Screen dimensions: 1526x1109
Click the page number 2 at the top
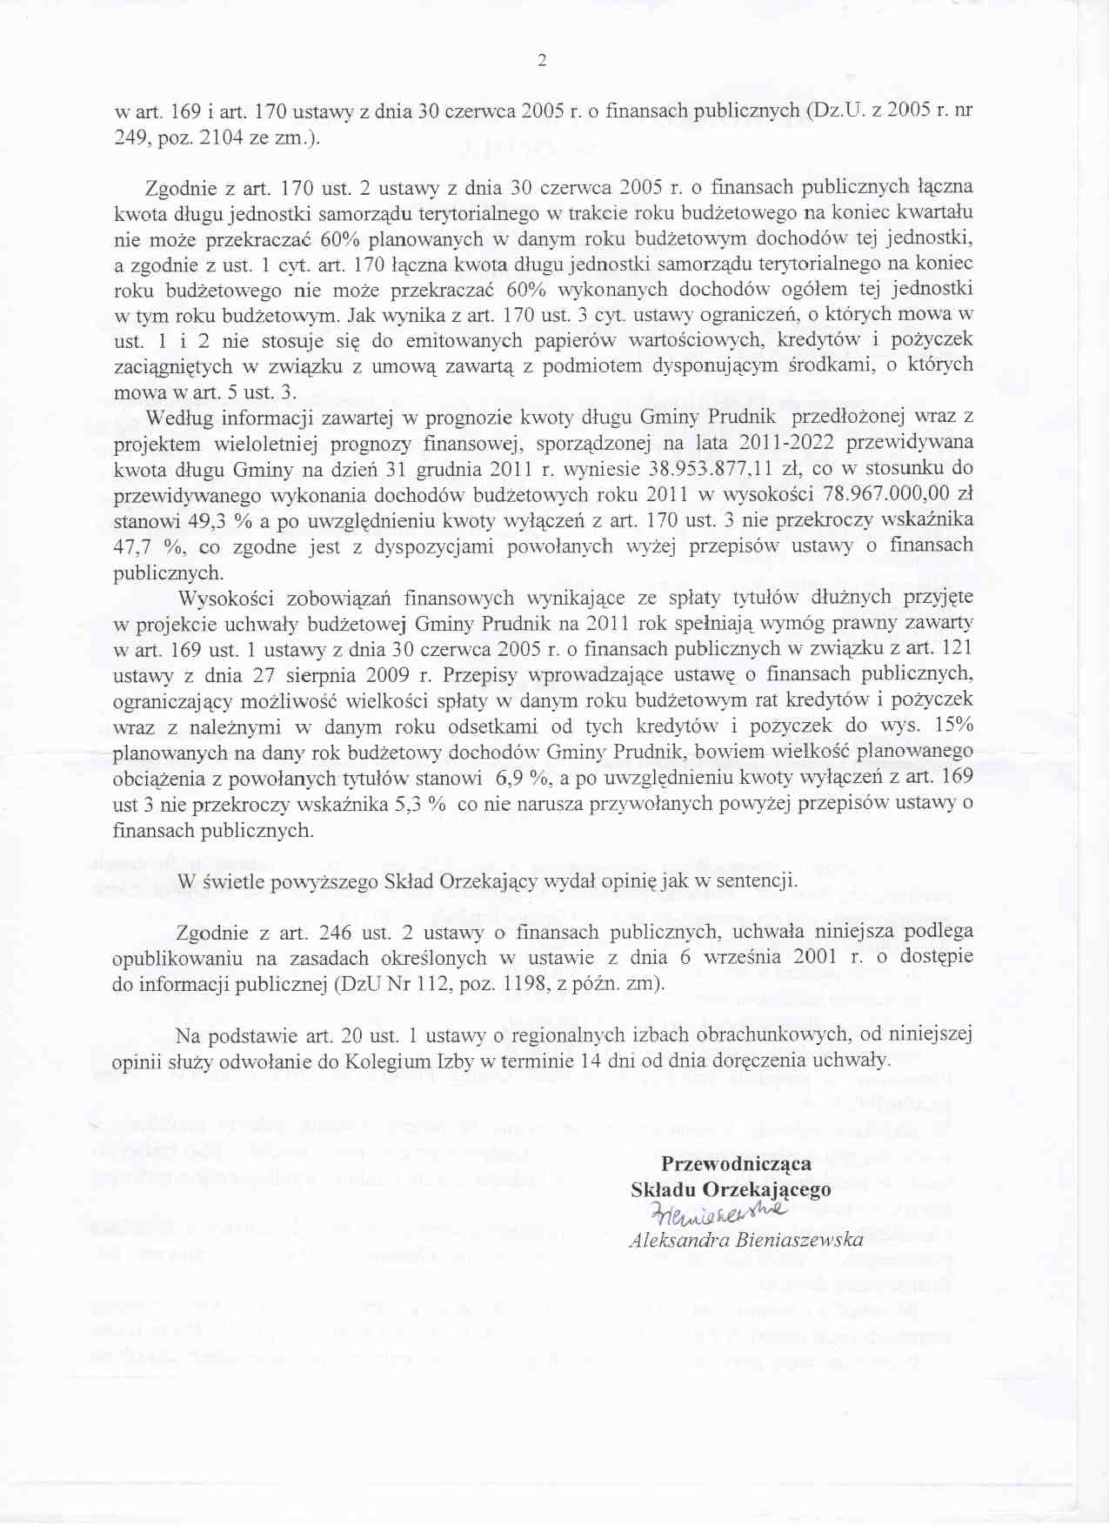542,60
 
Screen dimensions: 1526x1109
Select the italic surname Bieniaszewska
799,1240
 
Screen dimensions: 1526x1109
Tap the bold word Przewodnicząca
736,1163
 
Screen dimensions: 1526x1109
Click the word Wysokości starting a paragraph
226,599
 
